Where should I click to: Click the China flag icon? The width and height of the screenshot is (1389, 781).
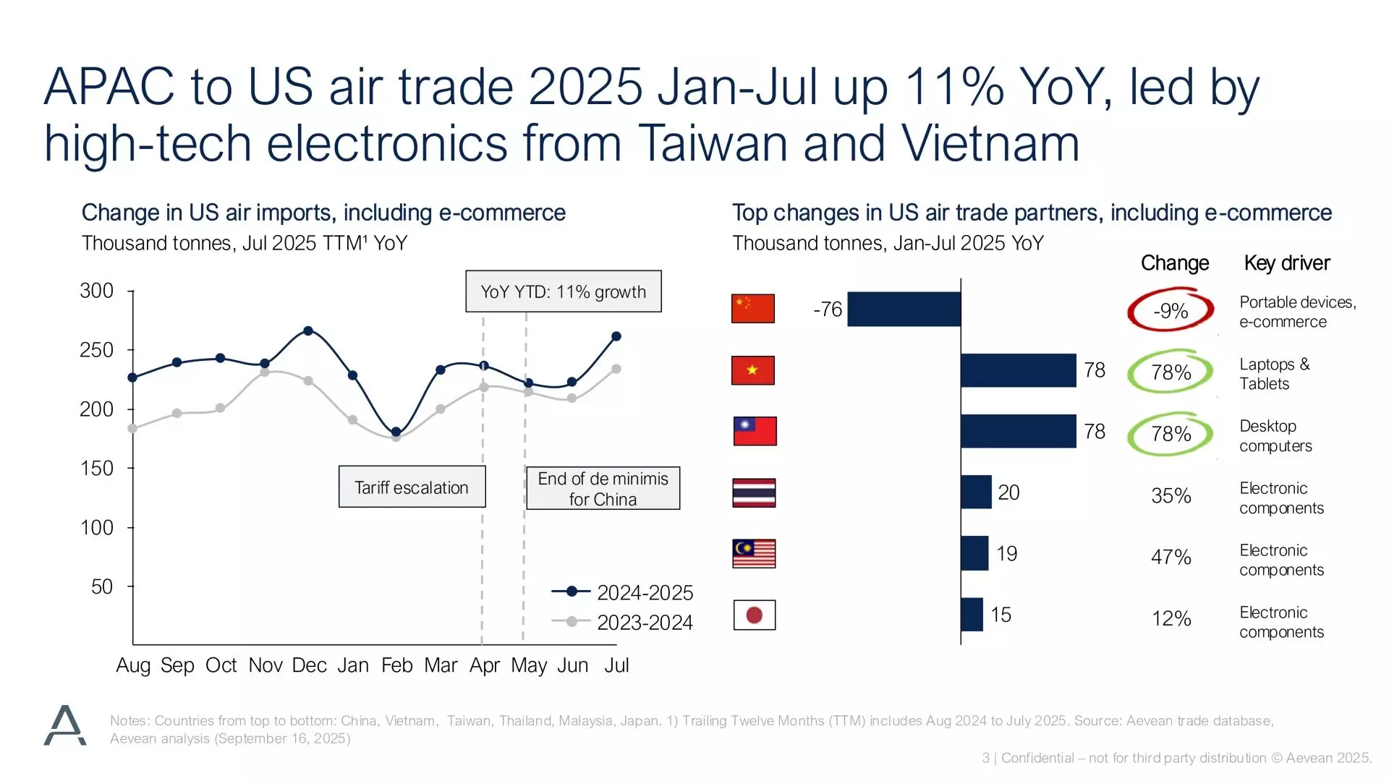pos(753,309)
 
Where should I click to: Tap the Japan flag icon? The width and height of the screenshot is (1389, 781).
pos(754,615)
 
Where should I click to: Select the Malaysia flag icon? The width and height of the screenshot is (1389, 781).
pos(754,554)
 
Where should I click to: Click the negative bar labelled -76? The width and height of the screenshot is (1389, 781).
pos(904,310)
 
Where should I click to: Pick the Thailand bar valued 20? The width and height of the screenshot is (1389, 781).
pos(976,492)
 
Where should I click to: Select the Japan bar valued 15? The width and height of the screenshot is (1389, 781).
pos(972,615)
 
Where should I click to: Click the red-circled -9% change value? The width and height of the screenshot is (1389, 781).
pos(1171,311)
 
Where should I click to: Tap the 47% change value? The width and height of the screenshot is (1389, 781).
pos(1171,557)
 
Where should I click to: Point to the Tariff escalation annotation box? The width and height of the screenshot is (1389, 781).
pos(412,487)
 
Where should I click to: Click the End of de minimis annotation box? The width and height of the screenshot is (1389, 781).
pos(603,489)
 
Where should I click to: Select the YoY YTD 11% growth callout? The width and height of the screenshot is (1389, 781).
pos(563,292)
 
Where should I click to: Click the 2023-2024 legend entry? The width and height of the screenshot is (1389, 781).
pos(622,622)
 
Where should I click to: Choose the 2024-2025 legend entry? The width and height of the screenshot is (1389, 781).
pos(622,593)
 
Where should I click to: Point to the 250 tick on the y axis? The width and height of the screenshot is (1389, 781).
pos(97,350)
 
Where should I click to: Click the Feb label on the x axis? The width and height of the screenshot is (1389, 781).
pos(396,665)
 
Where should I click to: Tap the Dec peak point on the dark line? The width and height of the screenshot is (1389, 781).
pos(308,330)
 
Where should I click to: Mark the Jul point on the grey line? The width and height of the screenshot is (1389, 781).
pos(616,369)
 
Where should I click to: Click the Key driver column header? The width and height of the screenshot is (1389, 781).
pos(1286,263)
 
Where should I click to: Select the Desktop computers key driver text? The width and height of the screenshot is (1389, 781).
pos(1275,436)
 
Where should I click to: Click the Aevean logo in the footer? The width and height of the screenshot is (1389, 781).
pos(65,725)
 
